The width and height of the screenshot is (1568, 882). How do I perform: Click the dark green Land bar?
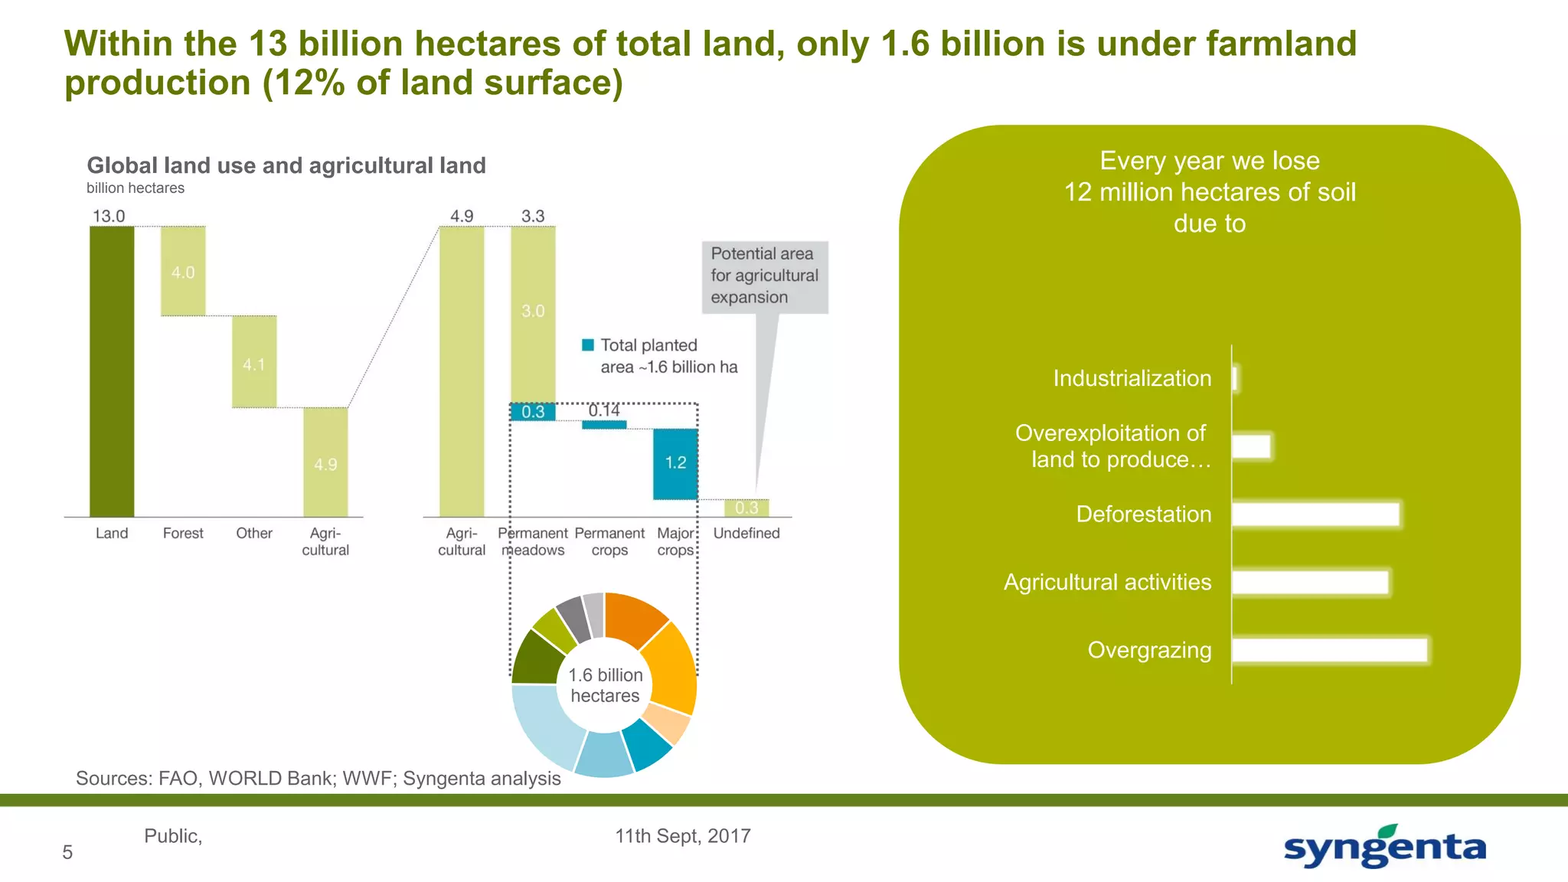[112, 371]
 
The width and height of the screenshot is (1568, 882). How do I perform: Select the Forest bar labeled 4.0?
[183, 271]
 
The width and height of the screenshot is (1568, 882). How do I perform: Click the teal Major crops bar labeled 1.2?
[675, 464]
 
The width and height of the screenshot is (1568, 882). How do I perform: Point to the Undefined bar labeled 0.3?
[746, 508]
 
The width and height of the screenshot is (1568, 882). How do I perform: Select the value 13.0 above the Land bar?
[109, 216]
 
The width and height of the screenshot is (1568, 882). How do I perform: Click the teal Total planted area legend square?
[588, 345]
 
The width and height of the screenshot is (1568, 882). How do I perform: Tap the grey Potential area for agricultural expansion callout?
[764, 276]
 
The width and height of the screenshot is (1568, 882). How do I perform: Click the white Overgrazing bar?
[1330, 650]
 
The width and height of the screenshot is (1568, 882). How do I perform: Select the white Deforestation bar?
[1315, 514]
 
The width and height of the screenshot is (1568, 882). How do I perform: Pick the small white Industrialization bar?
[1235, 378]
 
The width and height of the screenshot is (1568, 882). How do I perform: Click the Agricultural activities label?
[1107, 582]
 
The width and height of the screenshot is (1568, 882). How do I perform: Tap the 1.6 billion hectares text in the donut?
[605, 685]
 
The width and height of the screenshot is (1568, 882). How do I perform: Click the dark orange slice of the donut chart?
[634, 618]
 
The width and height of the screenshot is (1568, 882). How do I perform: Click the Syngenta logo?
[1384, 847]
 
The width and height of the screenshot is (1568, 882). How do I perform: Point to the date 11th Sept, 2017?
[682, 836]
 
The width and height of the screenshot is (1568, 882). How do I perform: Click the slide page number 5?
[67, 852]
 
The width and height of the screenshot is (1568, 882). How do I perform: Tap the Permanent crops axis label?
[609, 541]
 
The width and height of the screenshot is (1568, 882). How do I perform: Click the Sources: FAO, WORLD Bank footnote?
[318, 779]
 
